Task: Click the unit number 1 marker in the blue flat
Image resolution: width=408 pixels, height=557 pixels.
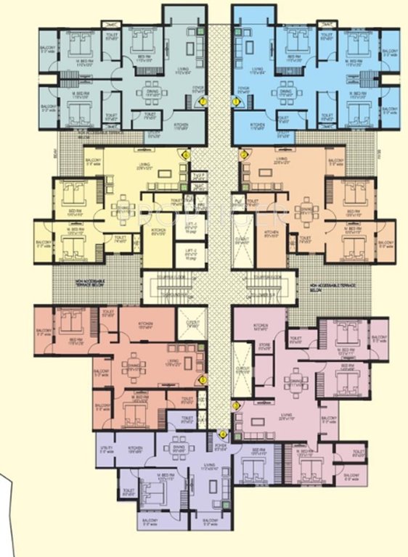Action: (237, 102)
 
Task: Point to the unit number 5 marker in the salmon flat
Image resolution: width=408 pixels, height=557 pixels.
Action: (203, 379)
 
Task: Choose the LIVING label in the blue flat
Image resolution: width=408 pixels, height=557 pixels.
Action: (256, 70)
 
